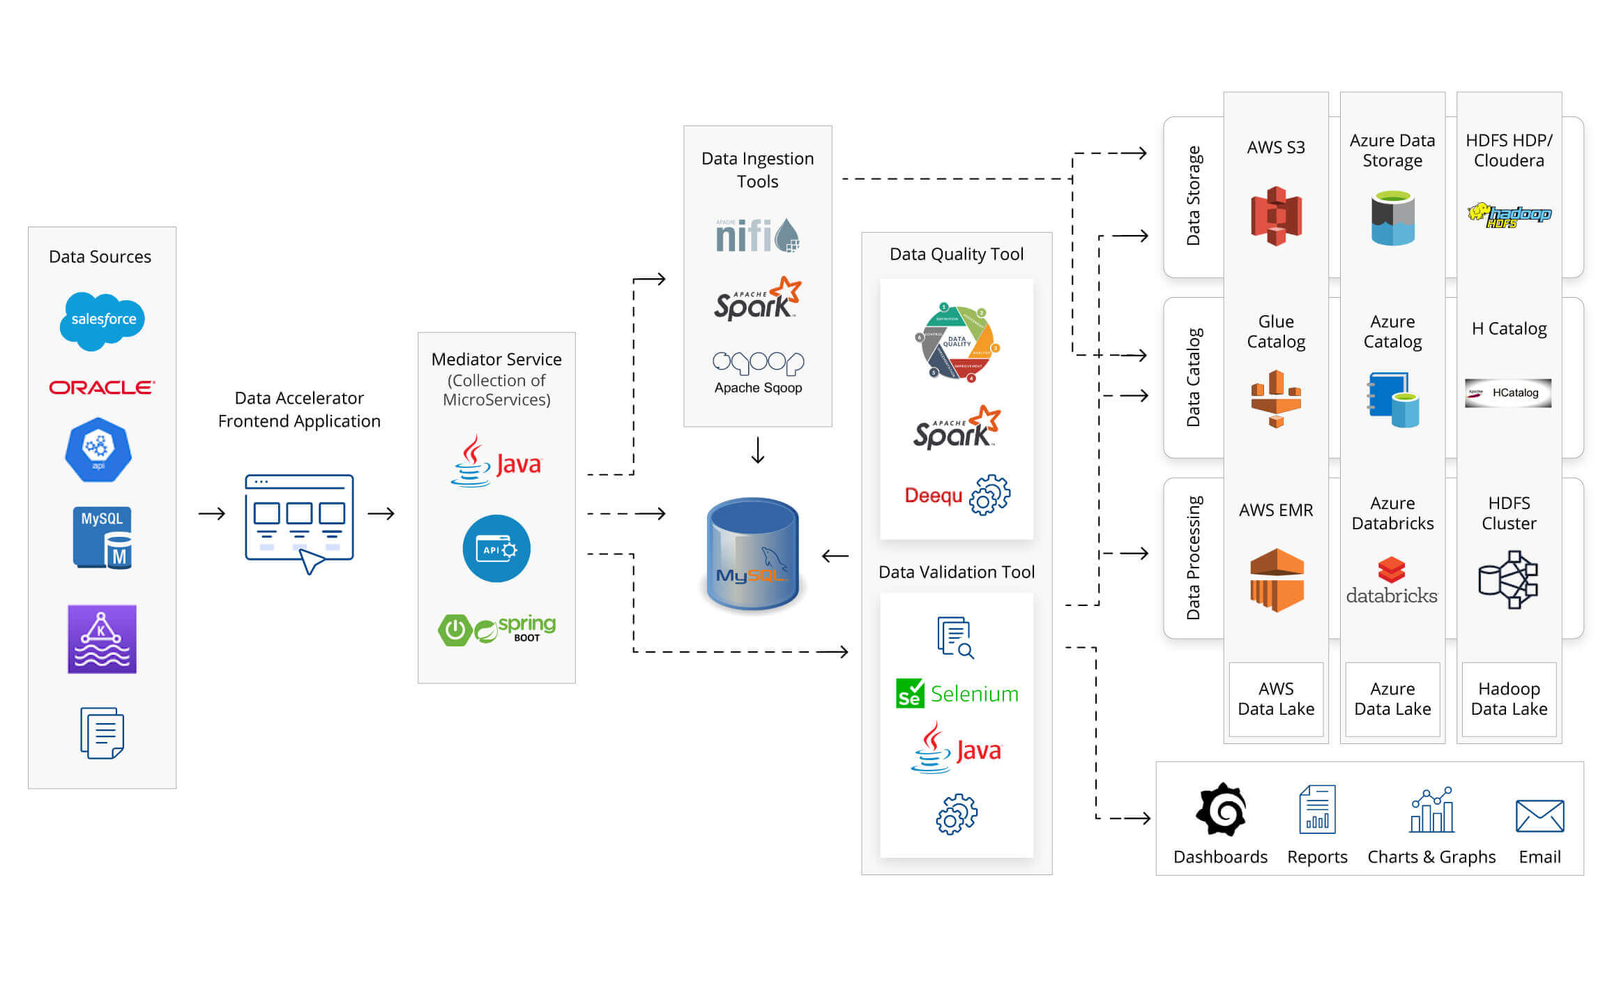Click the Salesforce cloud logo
click(x=102, y=320)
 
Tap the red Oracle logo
click(x=102, y=388)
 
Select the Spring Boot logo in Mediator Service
click(x=496, y=629)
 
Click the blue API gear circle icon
click(x=496, y=549)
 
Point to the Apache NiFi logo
click(x=757, y=236)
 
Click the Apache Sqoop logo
click(x=758, y=372)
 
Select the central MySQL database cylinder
click(x=753, y=554)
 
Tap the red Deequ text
click(x=933, y=496)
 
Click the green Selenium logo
click(x=957, y=694)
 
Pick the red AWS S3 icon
click(x=1276, y=215)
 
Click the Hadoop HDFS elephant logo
click(x=1509, y=215)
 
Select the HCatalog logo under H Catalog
click(x=1508, y=393)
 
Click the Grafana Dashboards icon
click(x=1221, y=810)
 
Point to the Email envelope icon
click(x=1539, y=816)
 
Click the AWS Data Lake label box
click(x=1276, y=699)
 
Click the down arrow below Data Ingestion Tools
click(x=758, y=450)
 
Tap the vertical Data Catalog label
click(x=1193, y=377)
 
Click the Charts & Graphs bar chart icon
click(x=1431, y=810)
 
